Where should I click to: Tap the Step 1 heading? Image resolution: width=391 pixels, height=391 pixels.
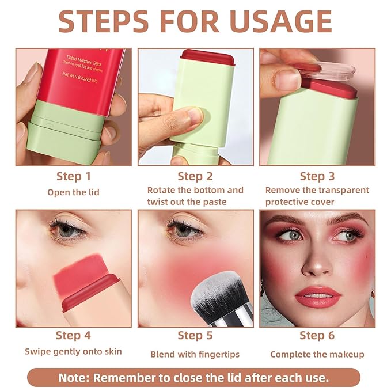tap(73, 176)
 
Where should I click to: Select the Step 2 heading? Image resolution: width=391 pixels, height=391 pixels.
tap(195, 176)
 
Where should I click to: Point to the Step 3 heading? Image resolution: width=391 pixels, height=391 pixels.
tap(317, 176)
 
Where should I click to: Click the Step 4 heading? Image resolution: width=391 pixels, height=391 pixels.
tap(73, 335)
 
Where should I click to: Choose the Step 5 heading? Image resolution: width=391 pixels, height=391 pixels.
tap(195, 335)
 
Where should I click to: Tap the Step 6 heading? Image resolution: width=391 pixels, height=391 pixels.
tap(317, 335)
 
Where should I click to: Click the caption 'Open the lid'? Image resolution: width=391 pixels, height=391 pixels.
tap(73, 192)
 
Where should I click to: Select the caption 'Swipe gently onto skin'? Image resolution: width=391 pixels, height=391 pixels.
tap(73, 352)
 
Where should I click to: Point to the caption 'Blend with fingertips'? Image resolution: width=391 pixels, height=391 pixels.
tap(195, 354)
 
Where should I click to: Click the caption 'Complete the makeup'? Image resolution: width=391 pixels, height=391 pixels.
tap(317, 354)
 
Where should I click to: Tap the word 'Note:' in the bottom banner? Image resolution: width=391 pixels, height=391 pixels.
tap(74, 378)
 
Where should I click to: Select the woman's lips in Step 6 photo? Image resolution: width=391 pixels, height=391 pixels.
tap(317, 297)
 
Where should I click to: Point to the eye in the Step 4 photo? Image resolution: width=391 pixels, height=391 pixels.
tap(68, 230)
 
